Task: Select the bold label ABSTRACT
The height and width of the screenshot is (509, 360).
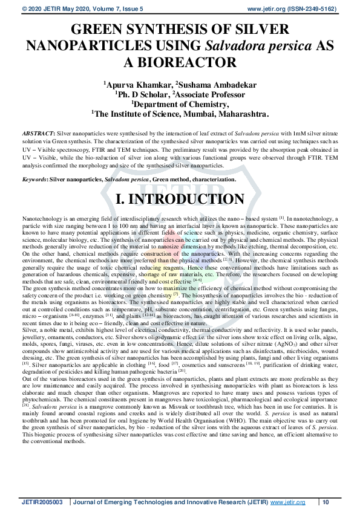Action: [x=38, y=131]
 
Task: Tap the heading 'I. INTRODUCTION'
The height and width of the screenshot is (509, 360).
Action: [x=180, y=199]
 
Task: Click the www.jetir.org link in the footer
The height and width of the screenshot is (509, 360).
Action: [x=284, y=502]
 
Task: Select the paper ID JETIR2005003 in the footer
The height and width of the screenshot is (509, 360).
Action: [x=44, y=502]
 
